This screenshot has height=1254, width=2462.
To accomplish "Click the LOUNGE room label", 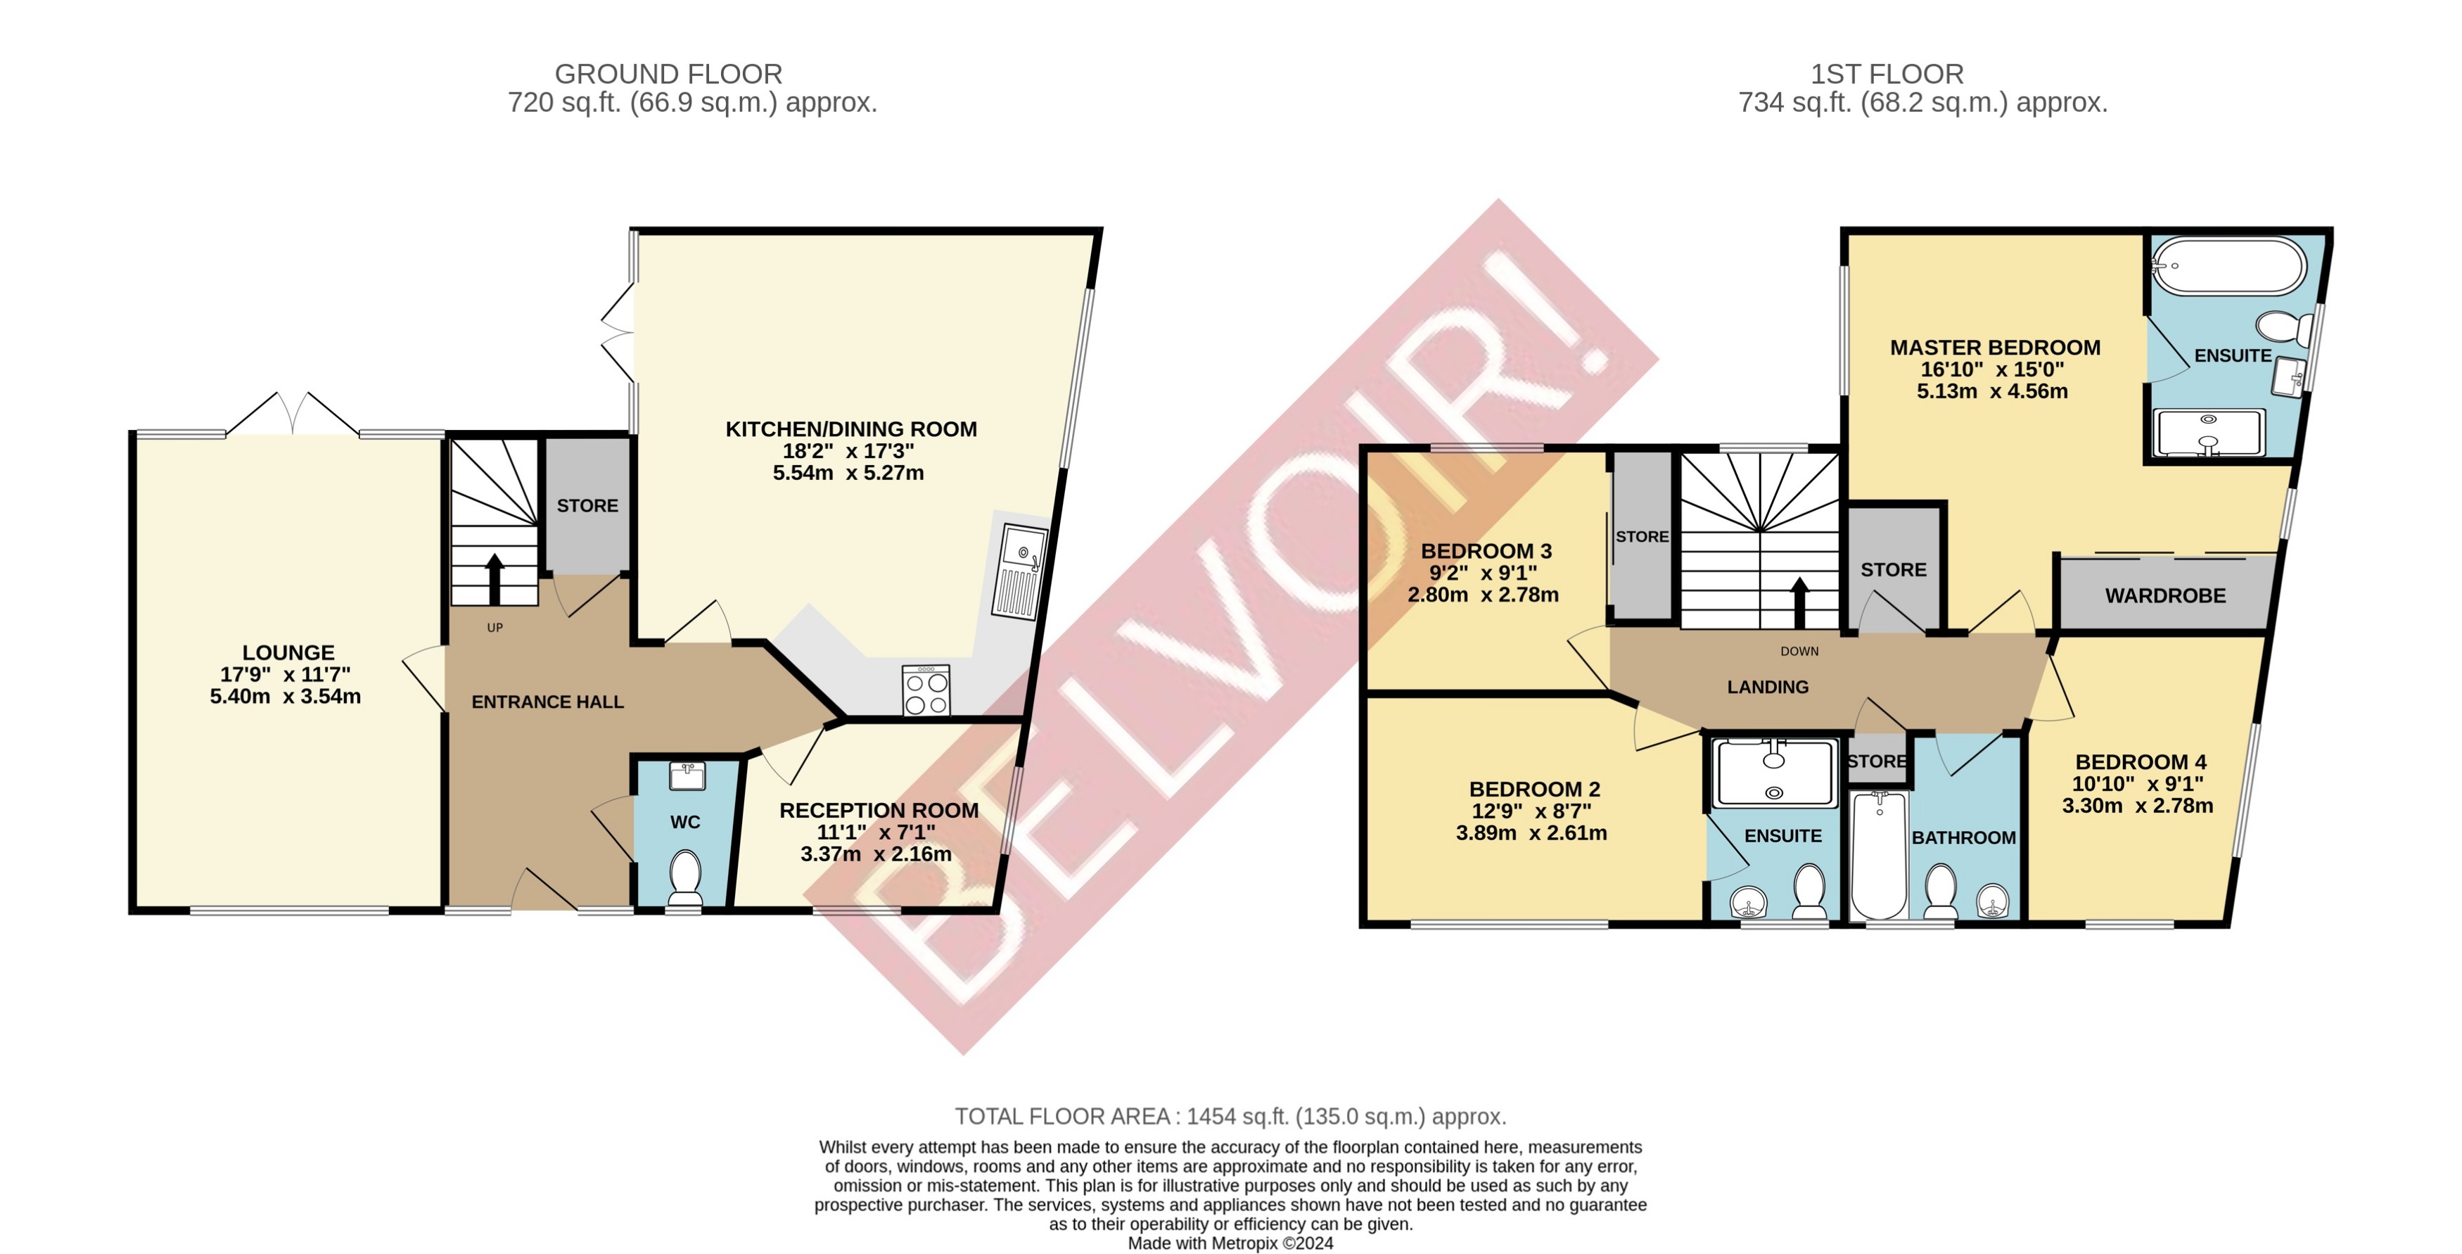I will click(x=288, y=653).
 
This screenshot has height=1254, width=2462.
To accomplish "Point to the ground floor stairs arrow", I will click(x=494, y=578).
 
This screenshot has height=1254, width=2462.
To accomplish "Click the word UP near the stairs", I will click(x=494, y=628).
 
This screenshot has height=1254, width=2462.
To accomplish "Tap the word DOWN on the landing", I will click(x=1799, y=652).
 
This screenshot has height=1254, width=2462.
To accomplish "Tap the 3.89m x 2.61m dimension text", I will click(x=1531, y=833).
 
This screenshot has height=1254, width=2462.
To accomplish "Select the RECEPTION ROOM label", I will click(x=879, y=811).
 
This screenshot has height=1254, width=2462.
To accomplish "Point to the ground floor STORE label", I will click(x=587, y=506).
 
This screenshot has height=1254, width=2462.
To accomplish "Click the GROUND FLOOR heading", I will click(x=668, y=74).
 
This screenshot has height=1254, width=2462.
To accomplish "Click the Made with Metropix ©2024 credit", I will click(x=1230, y=1243).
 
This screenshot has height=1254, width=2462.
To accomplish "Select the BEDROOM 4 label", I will click(x=2140, y=763).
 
